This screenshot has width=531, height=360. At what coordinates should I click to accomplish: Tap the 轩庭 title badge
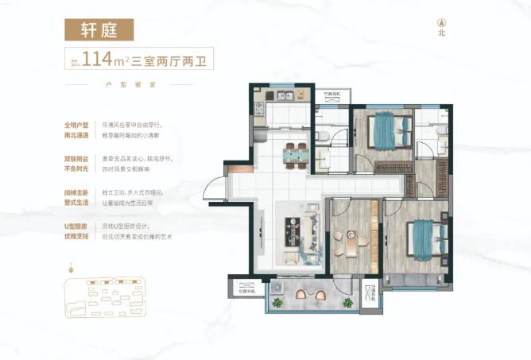coord(99,29)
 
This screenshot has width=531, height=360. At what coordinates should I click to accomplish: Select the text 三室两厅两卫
coord(173,59)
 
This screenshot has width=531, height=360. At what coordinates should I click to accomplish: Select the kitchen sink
coord(282,97)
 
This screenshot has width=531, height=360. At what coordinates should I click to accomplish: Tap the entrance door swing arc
coord(214,191)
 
